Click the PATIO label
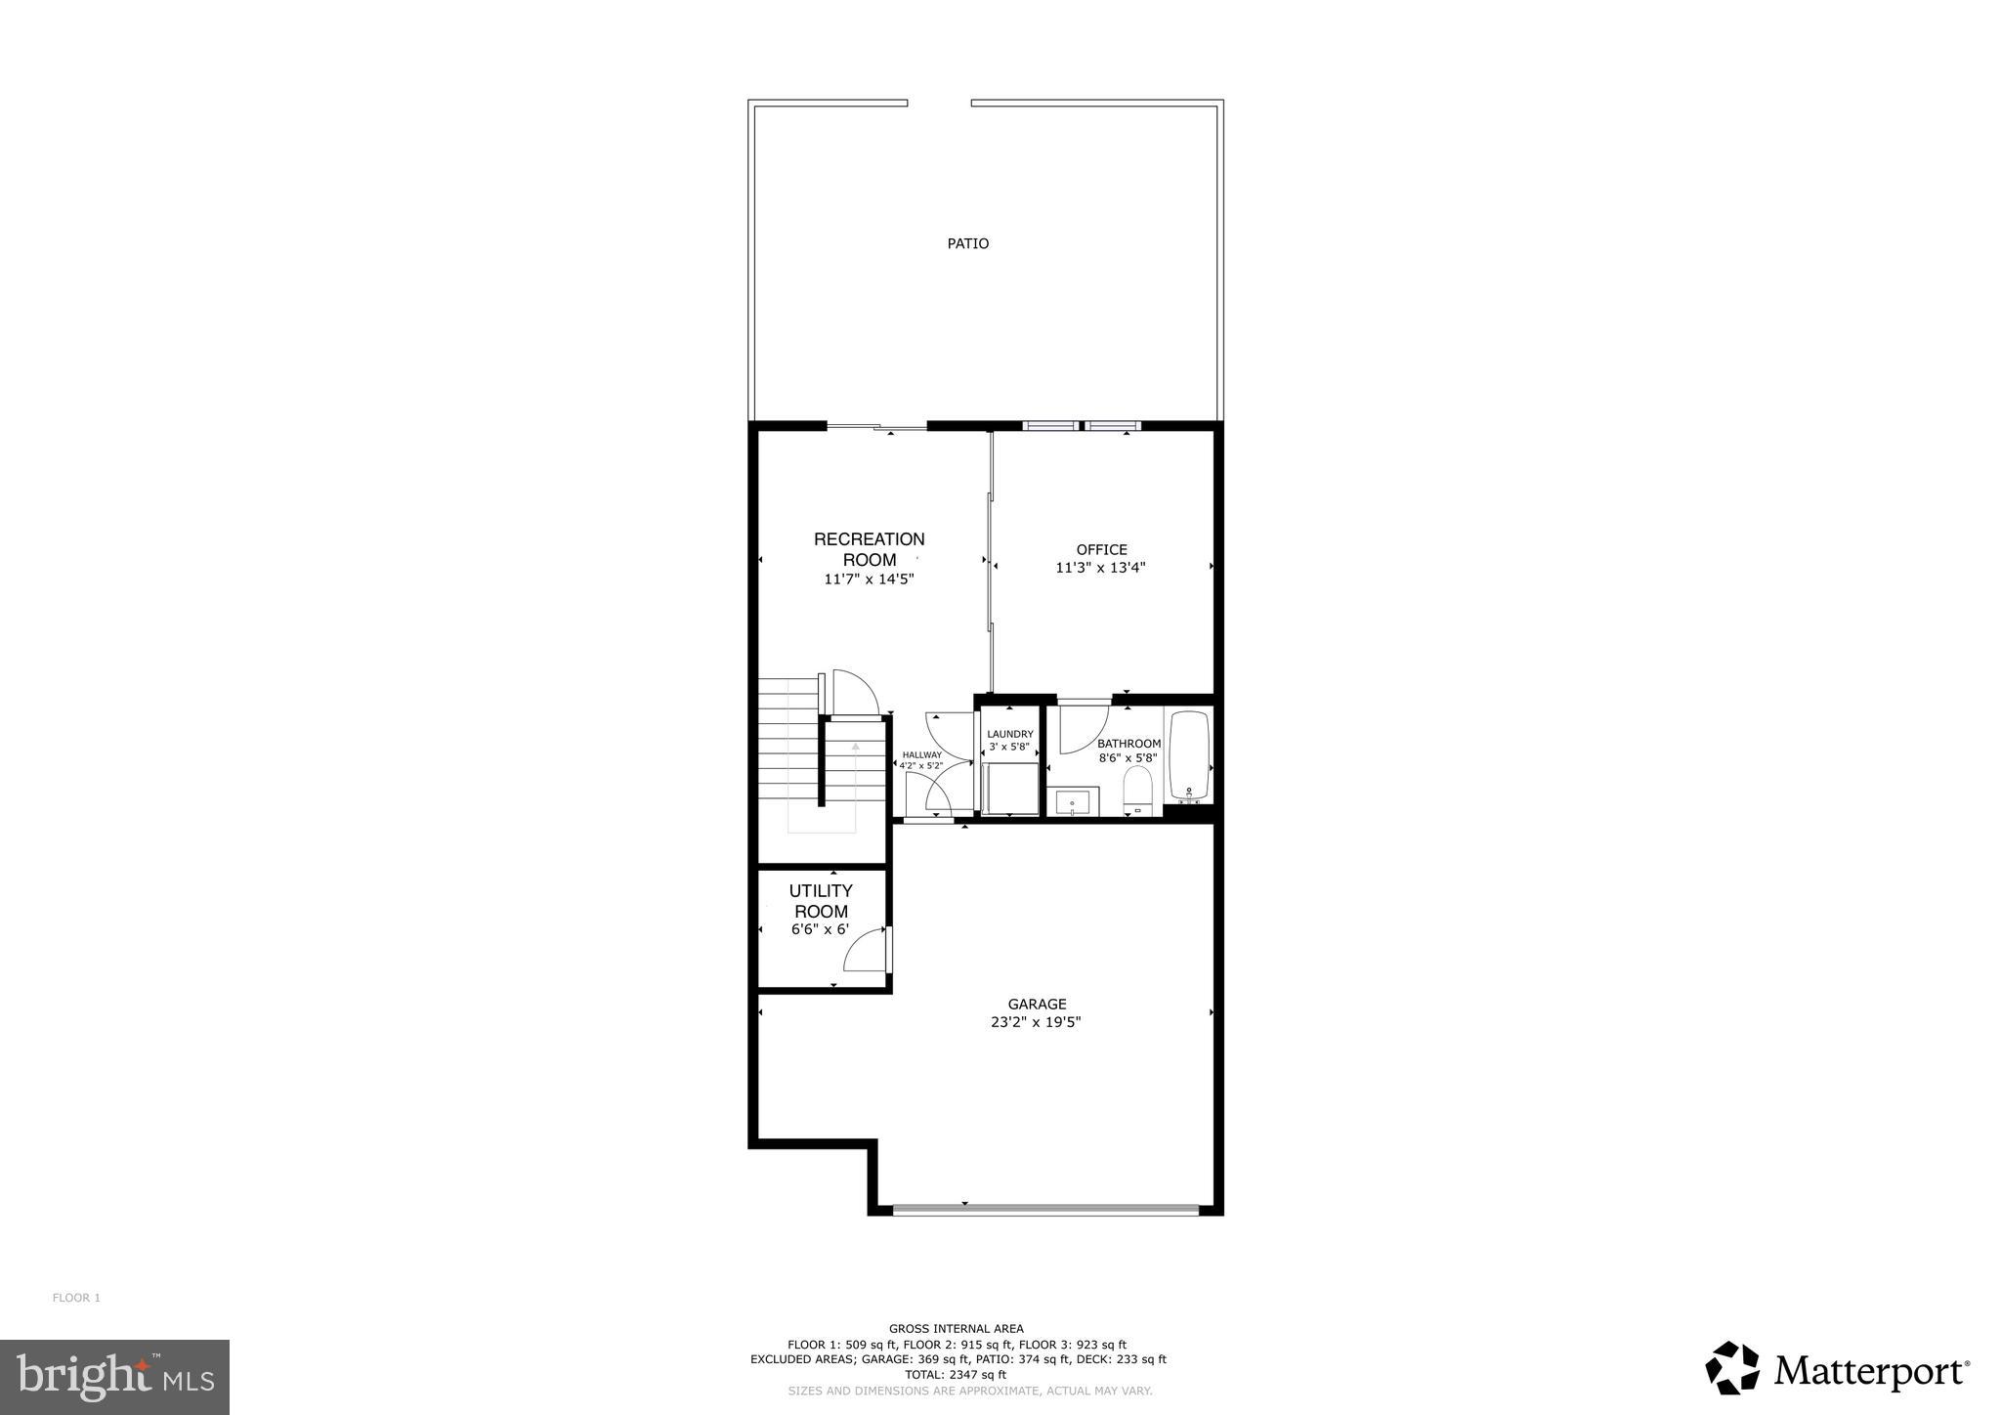click(967, 243)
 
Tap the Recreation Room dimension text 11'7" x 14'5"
click(869, 579)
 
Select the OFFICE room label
click(1101, 550)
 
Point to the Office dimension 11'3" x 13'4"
click(1100, 568)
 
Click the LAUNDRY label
click(1009, 735)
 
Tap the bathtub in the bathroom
click(1189, 755)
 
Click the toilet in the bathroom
click(1138, 789)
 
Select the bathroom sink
click(1073, 802)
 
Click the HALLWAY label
click(921, 754)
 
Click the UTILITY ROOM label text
click(821, 901)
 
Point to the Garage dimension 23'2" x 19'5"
click(1037, 1022)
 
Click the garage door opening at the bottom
click(1044, 1210)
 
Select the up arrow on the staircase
click(856, 747)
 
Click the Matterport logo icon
click(1731, 1368)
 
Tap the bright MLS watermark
click(114, 1378)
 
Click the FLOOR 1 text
click(76, 1298)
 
